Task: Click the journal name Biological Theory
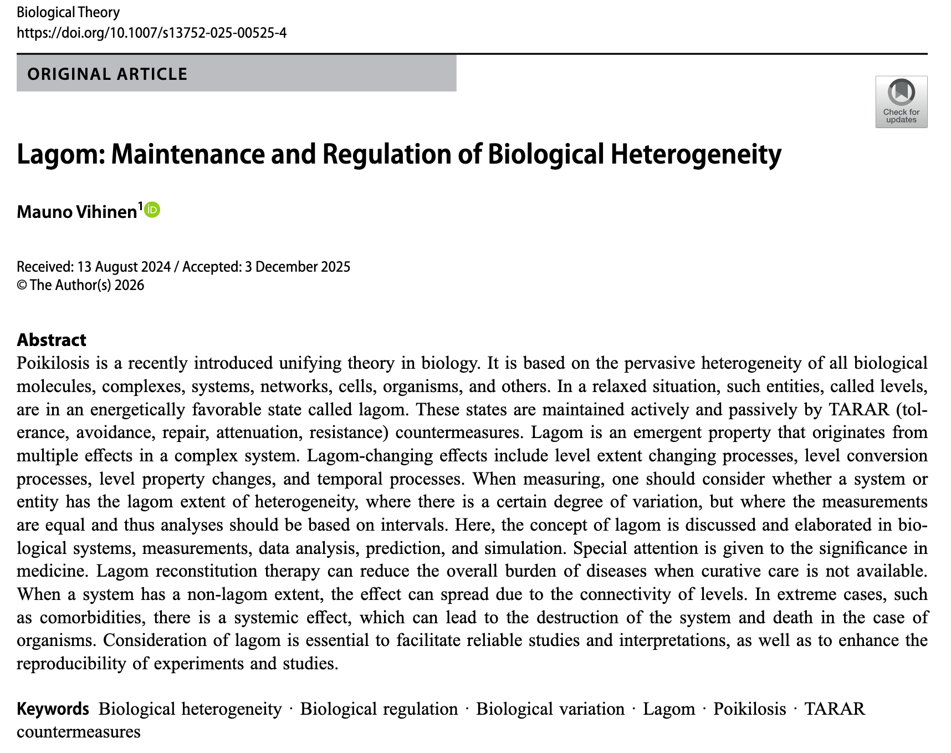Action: pyautogui.click(x=68, y=12)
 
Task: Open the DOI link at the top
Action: pyautogui.click(x=151, y=33)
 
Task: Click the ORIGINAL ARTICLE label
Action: pyautogui.click(x=108, y=74)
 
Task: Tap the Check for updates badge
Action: pyautogui.click(x=901, y=101)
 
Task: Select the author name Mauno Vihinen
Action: pyautogui.click(x=77, y=211)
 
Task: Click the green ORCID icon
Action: pyautogui.click(x=152, y=210)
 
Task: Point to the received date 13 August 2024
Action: pyautogui.click(x=124, y=267)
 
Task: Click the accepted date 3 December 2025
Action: pyautogui.click(x=298, y=267)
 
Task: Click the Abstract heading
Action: pyautogui.click(x=52, y=339)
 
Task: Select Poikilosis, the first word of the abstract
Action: pyautogui.click(x=53, y=363)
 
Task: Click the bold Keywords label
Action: pyautogui.click(x=53, y=709)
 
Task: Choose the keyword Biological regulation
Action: pyautogui.click(x=379, y=709)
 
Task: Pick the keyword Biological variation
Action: pyautogui.click(x=550, y=709)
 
